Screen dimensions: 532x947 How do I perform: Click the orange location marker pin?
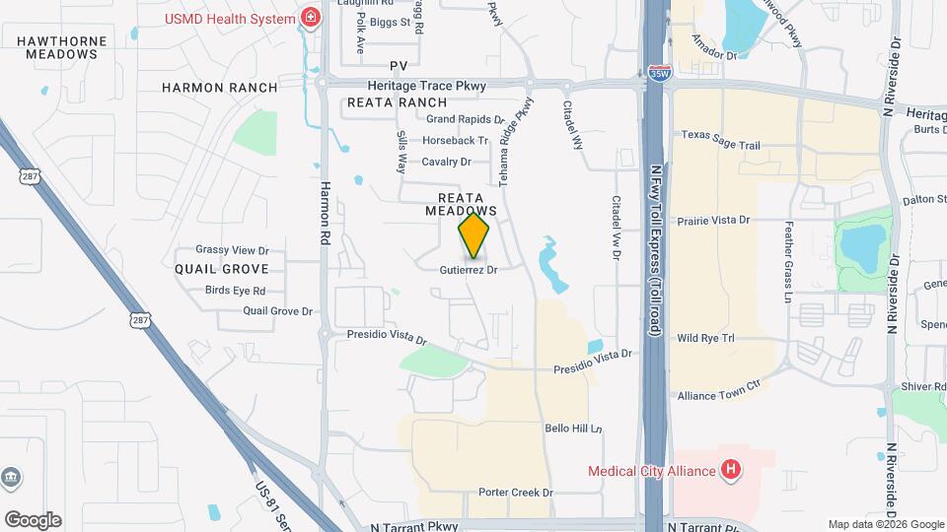click(473, 235)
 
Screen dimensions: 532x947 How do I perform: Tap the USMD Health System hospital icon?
click(311, 18)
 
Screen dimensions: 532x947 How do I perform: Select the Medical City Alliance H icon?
click(731, 470)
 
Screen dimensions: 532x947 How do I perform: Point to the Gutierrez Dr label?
click(468, 269)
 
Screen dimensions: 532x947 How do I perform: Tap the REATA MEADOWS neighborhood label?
click(461, 204)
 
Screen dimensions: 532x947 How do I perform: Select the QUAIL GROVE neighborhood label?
click(222, 268)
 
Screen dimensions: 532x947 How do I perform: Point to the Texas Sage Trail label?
click(720, 145)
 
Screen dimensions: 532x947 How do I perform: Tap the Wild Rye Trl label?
click(706, 338)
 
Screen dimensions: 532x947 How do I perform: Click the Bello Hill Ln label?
click(573, 429)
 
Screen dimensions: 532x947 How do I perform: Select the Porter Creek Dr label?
click(515, 492)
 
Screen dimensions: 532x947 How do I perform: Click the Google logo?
click(33, 520)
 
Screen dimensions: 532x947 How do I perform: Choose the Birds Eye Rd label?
click(235, 291)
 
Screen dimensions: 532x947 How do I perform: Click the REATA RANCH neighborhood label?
click(397, 102)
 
